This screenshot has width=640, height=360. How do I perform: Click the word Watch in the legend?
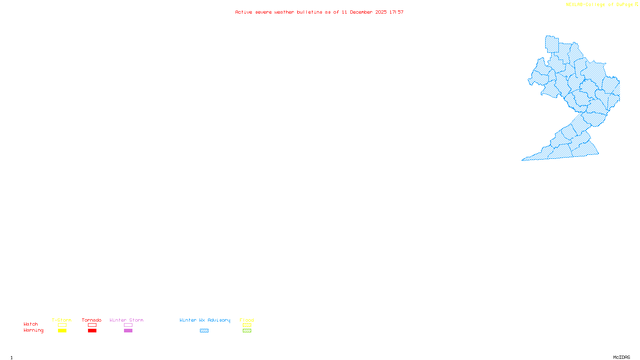tap(31, 324)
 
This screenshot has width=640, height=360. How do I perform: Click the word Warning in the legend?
tap(34, 330)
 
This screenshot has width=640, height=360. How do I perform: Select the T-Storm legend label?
tap(62, 320)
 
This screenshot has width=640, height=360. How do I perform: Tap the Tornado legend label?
tap(92, 320)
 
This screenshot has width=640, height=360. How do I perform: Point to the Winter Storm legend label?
tap(126, 320)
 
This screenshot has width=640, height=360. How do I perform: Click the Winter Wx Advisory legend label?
tap(205, 320)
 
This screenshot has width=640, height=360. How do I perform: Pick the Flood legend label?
tap(247, 320)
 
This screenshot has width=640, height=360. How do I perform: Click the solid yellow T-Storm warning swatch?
tap(62, 331)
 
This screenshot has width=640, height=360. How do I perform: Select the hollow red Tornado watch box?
tap(92, 325)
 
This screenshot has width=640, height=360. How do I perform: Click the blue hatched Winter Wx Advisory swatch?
tap(204, 331)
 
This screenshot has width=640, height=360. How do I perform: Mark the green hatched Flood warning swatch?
tap(247, 331)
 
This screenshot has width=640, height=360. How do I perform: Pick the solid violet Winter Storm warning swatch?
tap(128, 331)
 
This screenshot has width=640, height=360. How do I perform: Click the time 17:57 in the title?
tap(396, 12)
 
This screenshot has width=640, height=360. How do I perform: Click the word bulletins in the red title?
tap(310, 12)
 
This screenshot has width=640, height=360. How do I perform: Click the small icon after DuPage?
tap(637, 4)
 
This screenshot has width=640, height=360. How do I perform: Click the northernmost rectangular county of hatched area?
tap(552, 44)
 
